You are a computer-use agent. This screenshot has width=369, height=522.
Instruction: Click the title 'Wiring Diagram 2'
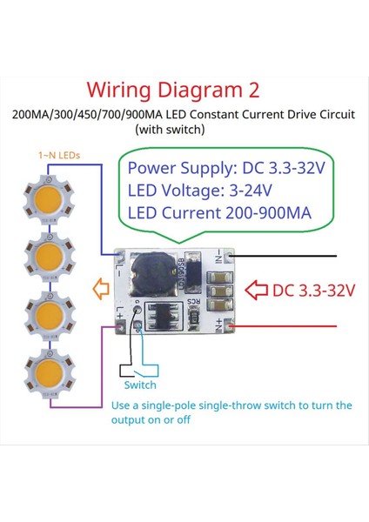tap(184, 90)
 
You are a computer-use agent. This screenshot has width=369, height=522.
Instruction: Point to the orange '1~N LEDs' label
tap(59, 155)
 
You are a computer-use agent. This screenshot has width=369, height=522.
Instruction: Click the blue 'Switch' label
tap(140, 385)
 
